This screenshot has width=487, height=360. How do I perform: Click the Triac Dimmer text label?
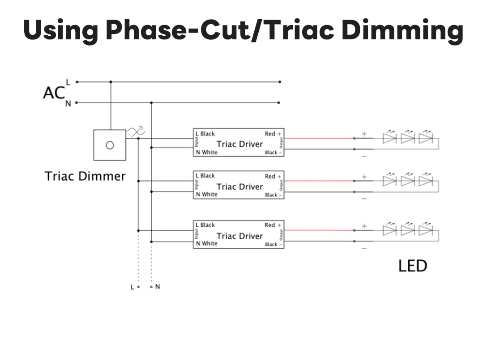click(x=85, y=176)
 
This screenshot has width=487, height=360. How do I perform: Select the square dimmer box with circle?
click(x=109, y=145)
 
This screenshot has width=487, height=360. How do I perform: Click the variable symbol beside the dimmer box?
click(x=136, y=132)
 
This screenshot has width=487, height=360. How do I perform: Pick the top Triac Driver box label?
click(x=239, y=144)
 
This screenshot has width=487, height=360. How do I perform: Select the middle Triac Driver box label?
click(x=239, y=186)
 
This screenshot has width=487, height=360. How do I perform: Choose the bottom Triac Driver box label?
click(x=239, y=236)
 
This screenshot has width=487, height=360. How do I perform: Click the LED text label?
click(x=413, y=266)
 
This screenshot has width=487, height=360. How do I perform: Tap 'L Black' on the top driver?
click(x=205, y=134)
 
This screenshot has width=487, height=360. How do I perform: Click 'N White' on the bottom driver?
click(x=206, y=244)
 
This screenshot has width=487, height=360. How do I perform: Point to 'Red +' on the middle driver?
click(x=273, y=176)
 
